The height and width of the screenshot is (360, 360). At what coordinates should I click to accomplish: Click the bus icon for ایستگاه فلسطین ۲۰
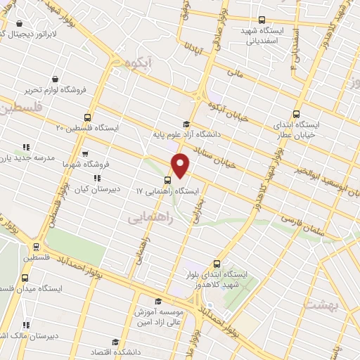coord(87,117)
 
